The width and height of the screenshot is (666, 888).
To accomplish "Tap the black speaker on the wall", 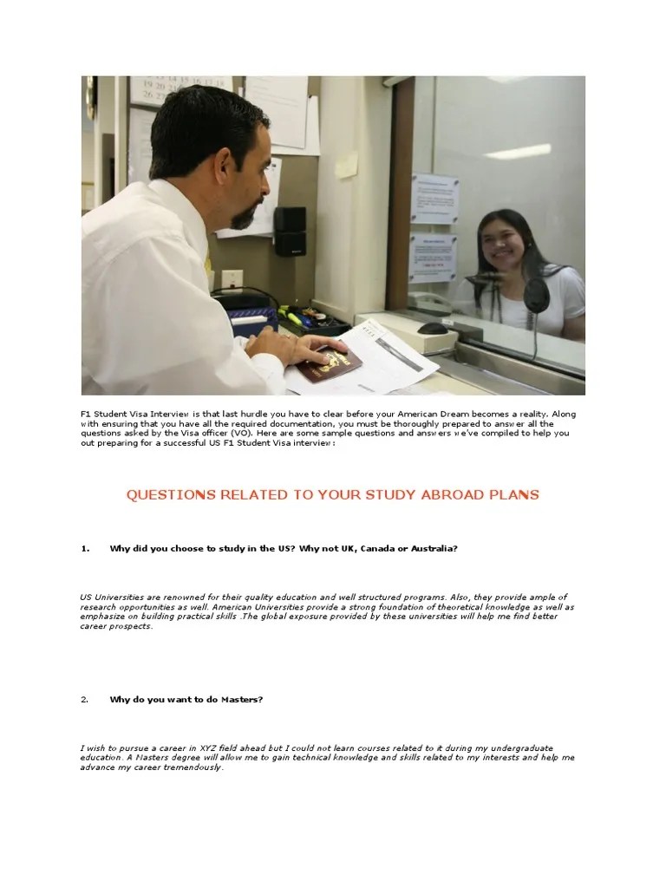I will coord(289,230).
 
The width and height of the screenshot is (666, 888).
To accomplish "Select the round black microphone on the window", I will coord(536,296).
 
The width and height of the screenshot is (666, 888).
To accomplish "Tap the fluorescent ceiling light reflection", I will coord(516,152).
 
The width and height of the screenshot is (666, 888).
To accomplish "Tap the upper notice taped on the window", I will coord(434,199).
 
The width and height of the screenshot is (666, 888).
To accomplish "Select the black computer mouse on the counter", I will coord(431,328).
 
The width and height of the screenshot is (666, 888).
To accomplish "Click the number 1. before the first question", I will coord(85,549).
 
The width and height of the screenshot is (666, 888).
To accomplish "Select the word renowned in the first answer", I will coord(159,597).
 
